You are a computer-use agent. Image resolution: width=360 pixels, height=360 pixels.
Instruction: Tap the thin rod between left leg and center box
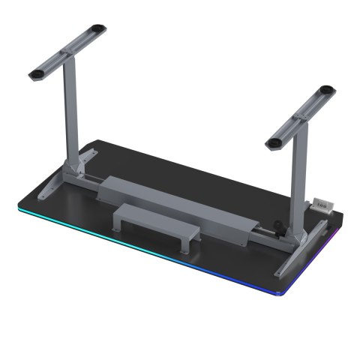(x=94, y=180)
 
